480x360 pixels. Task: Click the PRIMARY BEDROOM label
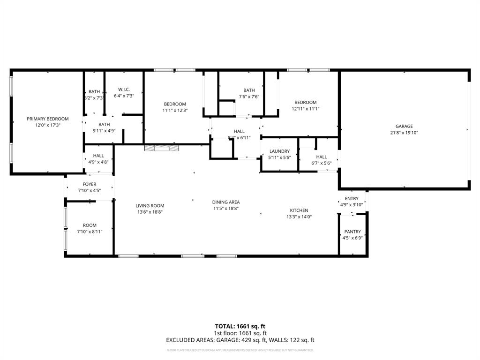click(x=47, y=119)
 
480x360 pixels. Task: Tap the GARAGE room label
click(x=404, y=126)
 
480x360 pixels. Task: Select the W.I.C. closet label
click(x=124, y=90)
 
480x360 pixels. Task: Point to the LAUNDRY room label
click(x=279, y=151)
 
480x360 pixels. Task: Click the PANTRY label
click(x=352, y=232)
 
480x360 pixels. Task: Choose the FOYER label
click(x=89, y=184)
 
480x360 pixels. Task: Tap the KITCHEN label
click(x=299, y=210)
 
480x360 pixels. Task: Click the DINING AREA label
click(x=226, y=202)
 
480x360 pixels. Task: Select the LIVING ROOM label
click(x=150, y=205)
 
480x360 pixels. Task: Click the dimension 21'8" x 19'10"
click(x=404, y=133)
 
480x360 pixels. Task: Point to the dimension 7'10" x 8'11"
click(x=89, y=232)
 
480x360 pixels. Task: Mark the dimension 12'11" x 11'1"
click(x=305, y=109)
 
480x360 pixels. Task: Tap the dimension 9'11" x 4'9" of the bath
click(x=104, y=131)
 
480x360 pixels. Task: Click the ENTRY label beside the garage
click(x=352, y=199)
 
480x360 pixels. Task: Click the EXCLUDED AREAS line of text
click(x=240, y=340)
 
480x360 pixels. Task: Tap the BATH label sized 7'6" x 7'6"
click(x=249, y=90)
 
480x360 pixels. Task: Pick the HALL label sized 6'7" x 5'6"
click(x=321, y=157)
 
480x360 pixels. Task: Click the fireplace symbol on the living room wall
click(x=161, y=148)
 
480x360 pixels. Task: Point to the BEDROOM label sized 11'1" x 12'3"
click(x=175, y=104)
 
